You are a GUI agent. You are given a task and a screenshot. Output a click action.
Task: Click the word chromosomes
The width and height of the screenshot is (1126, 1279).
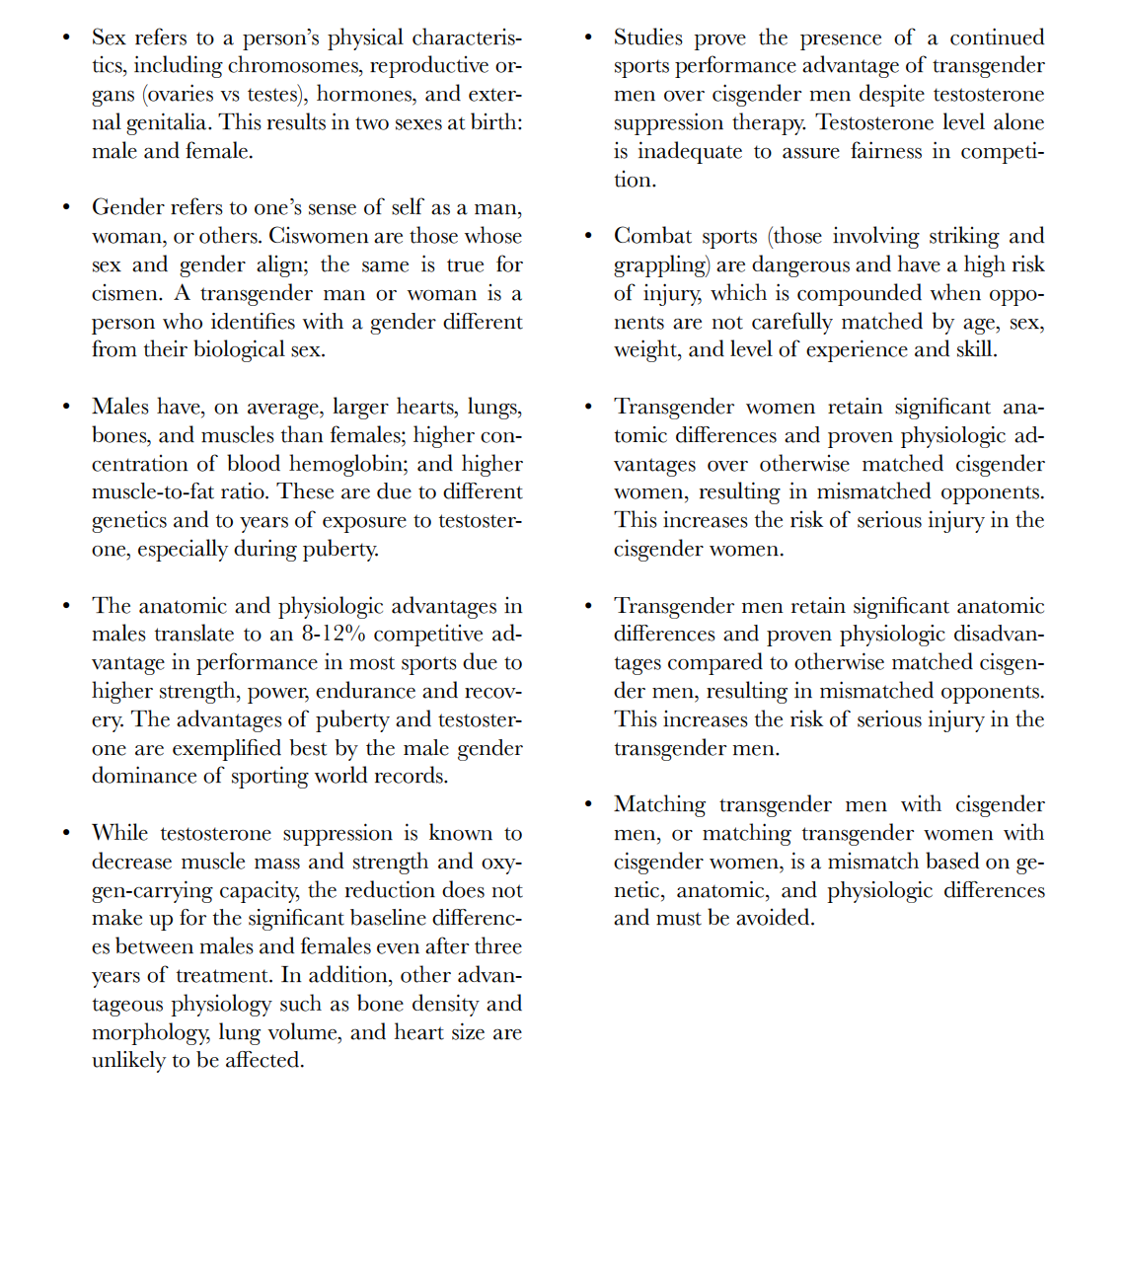(295, 66)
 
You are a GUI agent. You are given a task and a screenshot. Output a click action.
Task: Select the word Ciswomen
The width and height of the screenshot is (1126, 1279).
(315, 236)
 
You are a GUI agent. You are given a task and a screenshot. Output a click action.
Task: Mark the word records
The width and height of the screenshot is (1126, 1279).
(408, 776)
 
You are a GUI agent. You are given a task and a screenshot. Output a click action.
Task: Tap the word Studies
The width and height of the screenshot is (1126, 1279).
(647, 38)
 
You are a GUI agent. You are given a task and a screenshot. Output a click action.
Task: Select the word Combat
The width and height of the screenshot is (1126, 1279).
(650, 236)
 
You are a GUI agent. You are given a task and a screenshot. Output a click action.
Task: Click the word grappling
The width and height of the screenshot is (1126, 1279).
(660, 265)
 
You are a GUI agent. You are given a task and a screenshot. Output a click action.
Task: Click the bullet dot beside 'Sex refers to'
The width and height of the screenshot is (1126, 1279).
(66, 38)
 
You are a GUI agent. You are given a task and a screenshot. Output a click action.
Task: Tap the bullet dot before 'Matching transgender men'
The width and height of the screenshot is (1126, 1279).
(588, 804)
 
